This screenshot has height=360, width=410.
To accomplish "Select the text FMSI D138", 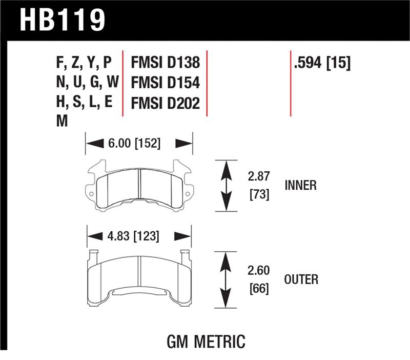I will pyautogui.click(x=165, y=63).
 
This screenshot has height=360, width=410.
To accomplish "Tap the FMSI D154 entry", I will pyautogui.click(x=165, y=83).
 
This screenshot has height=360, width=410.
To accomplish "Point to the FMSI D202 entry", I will pyautogui.click(x=165, y=103).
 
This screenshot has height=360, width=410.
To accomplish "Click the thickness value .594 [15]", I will pyautogui.click(x=322, y=63).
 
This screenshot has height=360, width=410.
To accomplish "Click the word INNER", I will pyautogui.click(x=300, y=186).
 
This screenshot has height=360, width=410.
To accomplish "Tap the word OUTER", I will pyautogui.click(x=301, y=279).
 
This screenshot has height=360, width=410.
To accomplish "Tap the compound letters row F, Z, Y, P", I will pyautogui.click(x=83, y=63).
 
